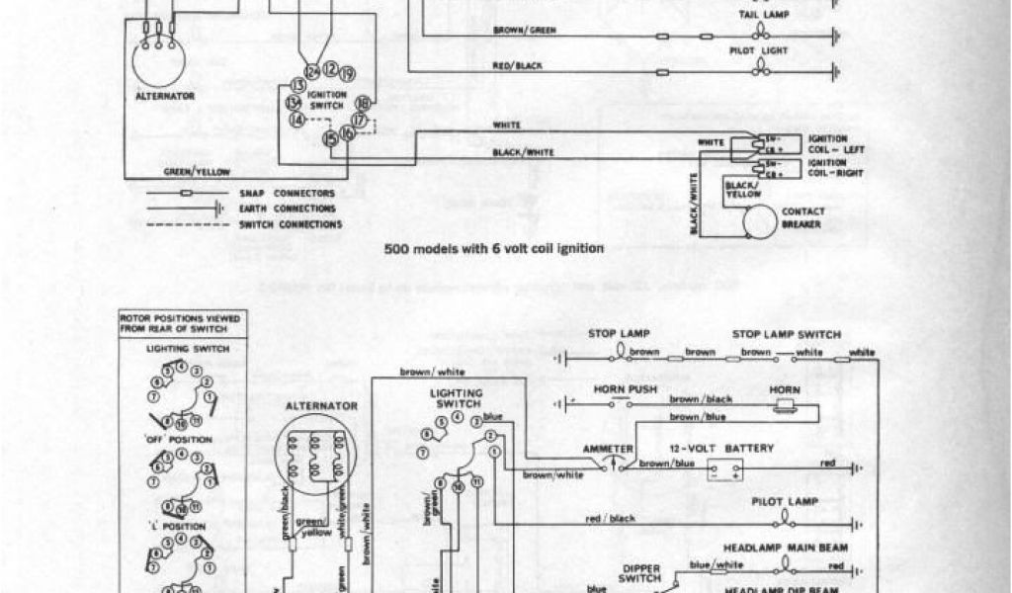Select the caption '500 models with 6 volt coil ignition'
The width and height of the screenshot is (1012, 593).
coord(493,249)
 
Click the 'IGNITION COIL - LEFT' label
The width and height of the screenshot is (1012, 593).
coord(828,144)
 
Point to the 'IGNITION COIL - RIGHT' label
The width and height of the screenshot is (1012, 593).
coord(828,167)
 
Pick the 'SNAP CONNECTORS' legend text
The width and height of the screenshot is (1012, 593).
coord(287,193)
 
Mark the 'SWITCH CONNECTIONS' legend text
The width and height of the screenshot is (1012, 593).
coord(291,224)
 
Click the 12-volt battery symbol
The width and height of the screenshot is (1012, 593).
coord(723,468)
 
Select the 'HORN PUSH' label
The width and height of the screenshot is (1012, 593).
coord(619,388)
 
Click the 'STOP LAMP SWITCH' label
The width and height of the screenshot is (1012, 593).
coord(787,334)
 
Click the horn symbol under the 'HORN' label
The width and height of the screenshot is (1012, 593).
coord(786,405)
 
